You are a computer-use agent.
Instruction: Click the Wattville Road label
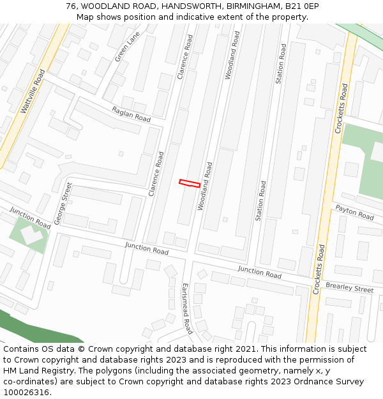[33, 92]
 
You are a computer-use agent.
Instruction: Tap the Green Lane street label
[127, 47]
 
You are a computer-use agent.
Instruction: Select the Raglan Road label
[131, 114]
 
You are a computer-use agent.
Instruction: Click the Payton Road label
[354, 213]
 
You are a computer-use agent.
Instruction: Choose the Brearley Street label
[349, 287]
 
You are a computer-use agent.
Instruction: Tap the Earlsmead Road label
[186, 308]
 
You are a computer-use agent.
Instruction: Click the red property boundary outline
[190, 184]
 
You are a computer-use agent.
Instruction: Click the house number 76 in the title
[71, 6]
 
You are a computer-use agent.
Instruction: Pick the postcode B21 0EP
[301, 6]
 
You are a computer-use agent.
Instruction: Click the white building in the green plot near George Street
[29, 234]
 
